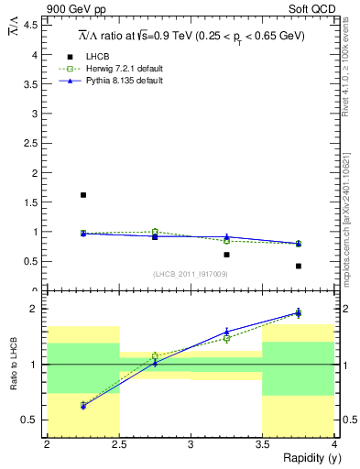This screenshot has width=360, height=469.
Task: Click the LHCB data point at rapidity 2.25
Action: click(83, 195)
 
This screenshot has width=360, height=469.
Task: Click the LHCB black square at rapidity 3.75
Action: click(299, 266)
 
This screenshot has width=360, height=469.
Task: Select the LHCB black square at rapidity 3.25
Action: click(226, 255)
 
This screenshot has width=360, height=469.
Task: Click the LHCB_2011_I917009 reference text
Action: click(191, 274)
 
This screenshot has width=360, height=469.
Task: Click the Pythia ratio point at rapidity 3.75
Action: click(299, 312)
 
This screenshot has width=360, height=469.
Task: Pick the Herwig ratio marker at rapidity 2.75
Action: click(155, 355)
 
